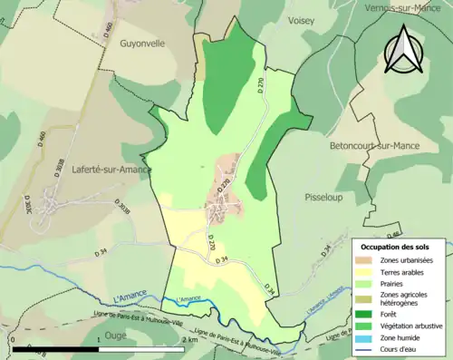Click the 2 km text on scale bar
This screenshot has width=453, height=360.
(189, 339)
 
